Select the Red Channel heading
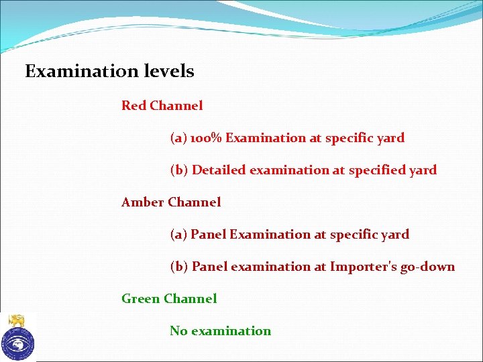point(162,105)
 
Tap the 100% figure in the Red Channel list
point(206,138)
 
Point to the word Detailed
point(219,170)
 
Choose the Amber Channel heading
point(170,202)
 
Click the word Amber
point(142,202)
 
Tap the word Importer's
point(363,267)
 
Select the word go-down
point(427,267)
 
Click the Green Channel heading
point(169,299)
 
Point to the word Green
point(140,299)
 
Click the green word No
point(178,331)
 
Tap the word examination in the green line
point(231,331)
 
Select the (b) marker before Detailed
point(179,170)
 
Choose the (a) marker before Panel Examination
point(178,235)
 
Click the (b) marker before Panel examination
point(179,267)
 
